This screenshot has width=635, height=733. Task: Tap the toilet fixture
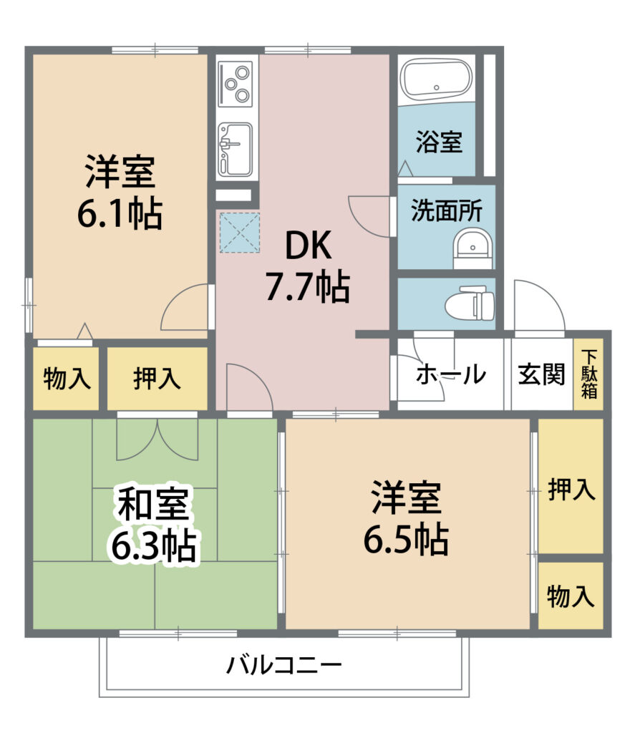(470, 304)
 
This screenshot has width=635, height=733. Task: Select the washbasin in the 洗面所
(472, 247)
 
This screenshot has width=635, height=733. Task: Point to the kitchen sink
(236, 149)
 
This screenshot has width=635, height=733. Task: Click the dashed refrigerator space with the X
(239, 233)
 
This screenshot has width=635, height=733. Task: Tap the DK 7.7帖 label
(308, 266)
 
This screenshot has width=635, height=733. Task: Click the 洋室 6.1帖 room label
(120, 192)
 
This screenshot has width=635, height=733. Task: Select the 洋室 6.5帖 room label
(406, 518)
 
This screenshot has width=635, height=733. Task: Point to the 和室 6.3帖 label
(153, 525)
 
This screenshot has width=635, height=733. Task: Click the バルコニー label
(285, 665)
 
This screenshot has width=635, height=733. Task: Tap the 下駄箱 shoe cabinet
(588, 374)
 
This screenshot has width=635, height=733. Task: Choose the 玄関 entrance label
(541, 374)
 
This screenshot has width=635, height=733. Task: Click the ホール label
(451, 374)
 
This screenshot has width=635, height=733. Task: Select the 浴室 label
(439, 141)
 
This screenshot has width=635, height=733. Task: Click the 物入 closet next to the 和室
(66, 378)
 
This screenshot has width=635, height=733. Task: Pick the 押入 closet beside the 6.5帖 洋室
(571, 486)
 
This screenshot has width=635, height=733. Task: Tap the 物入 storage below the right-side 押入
(571, 596)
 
